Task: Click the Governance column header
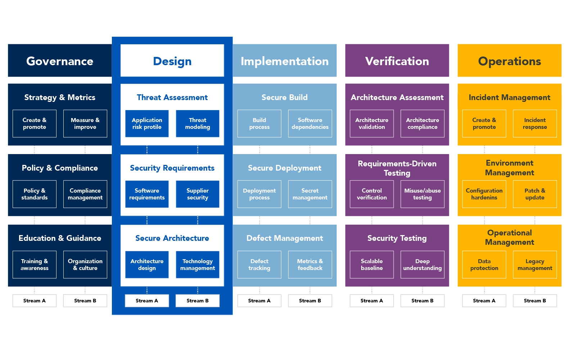pos(60,61)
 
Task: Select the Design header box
pos(172,61)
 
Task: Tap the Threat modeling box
pos(198,123)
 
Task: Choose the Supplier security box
pos(198,194)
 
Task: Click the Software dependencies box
pos(310,123)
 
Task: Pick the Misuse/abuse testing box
pos(422,194)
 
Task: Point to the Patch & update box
pos(535,194)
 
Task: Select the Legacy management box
pos(535,265)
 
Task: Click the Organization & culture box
pos(85,265)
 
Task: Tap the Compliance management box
pos(85,194)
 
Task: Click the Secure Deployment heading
pos(285,168)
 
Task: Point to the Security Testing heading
pos(397,238)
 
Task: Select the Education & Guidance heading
pos(60,238)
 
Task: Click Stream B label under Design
pos(198,301)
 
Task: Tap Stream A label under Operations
pos(484,301)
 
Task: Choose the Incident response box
pos(535,123)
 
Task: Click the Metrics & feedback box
pos(310,265)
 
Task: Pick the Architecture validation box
pos(372,123)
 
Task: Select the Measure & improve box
pos(85,123)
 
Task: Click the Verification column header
pos(397,61)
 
